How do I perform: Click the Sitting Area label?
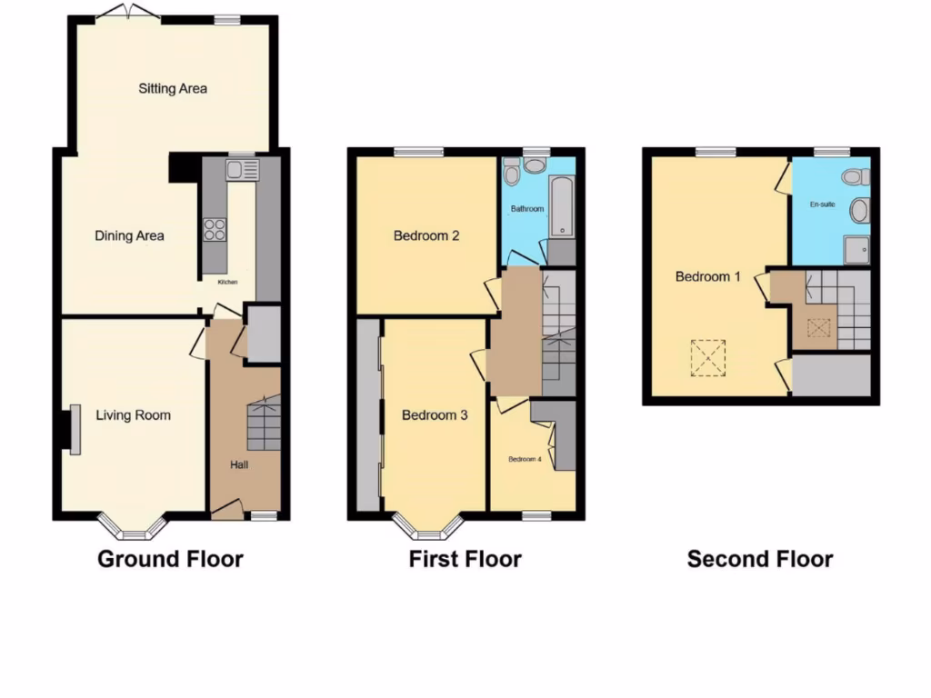tap(173, 88)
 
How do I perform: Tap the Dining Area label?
tap(129, 235)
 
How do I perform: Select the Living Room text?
tap(133, 415)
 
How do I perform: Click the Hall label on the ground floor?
tap(239, 464)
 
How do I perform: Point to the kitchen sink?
tap(243, 169)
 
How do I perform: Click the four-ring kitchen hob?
tap(215, 230)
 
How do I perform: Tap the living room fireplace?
tap(70, 428)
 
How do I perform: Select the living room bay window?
tap(133, 524)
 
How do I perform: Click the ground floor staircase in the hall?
tap(263, 424)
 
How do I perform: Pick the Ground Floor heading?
tap(170, 558)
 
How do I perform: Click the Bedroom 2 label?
tap(426, 235)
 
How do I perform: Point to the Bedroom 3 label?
tap(435, 415)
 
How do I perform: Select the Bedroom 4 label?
tap(525, 459)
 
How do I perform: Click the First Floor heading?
tap(465, 558)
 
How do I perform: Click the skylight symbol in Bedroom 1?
tap(708, 357)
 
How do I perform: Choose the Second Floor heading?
tap(759, 558)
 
